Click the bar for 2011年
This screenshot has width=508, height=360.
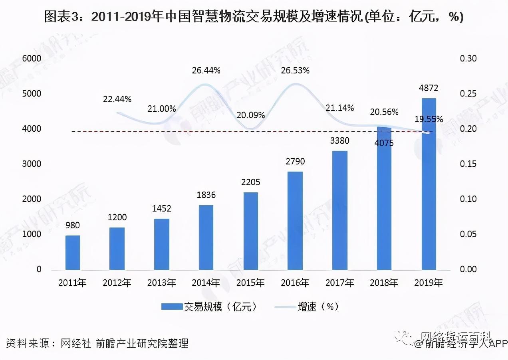coord(73,252)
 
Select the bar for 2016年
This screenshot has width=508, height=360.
coord(295,220)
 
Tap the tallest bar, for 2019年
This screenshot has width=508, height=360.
coord(429,184)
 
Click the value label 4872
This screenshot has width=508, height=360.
coord(429,88)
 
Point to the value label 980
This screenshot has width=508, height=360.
coord(73,225)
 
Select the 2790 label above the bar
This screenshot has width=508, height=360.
coord(295,162)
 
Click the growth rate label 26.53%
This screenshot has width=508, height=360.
coord(295,71)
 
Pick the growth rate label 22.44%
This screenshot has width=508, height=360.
coord(117,99)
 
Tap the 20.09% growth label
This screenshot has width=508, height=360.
coord(250,115)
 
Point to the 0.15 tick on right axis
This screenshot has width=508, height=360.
coord(468,164)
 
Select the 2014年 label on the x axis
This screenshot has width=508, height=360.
coord(206,283)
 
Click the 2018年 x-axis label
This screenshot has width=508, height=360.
coord(384,283)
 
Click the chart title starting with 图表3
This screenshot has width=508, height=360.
coord(254,17)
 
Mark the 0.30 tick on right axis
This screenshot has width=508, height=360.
coord(468,59)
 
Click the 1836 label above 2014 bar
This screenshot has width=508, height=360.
coord(206,195)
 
